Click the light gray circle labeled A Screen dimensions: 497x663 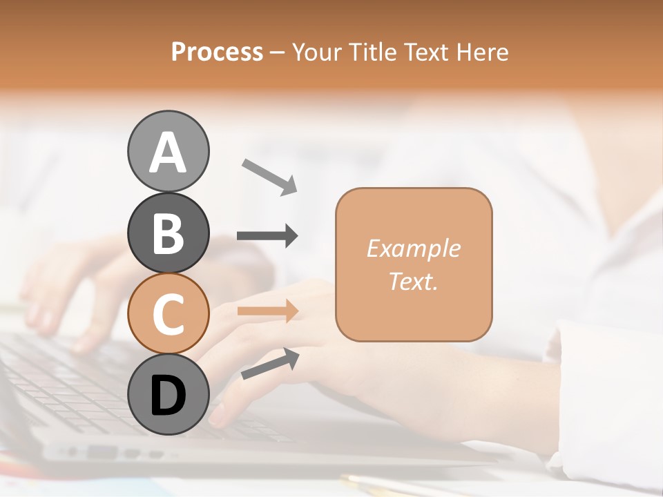(x=169, y=151)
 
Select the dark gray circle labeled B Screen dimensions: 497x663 (x=169, y=233)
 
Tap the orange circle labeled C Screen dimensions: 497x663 (x=169, y=313)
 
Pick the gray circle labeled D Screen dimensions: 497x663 (x=169, y=394)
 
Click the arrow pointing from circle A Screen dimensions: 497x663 (x=269, y=176)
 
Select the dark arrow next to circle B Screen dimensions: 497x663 (x=268, y=236)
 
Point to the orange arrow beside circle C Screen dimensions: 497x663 (x=268, y=311)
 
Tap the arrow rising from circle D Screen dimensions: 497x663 (x=270, y=364)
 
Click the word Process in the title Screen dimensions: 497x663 (x=217, y=52)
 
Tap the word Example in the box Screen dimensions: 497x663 (x=413, y=248)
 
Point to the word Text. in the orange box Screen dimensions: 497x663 (x=413, y=281)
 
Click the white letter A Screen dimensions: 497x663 (x=169, y=153)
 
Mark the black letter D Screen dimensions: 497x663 (x=169, y=396)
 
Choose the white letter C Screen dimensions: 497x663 (x=169, y=314)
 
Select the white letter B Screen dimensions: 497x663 (x=169, y=233)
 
